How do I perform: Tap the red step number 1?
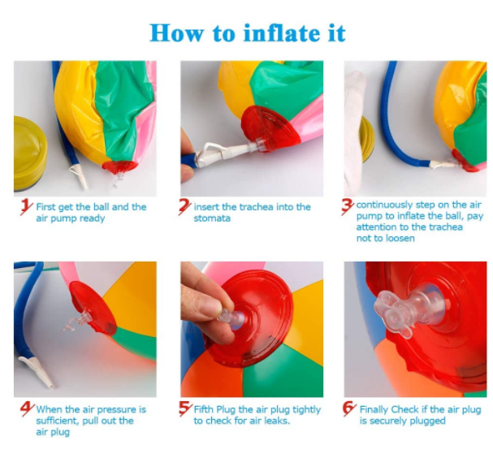pos(25,207)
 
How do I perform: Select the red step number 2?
pos(185,207)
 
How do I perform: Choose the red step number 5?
pos(185,409)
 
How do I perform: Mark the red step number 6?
pos(349,409)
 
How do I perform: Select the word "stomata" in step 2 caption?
pos(213,218)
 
